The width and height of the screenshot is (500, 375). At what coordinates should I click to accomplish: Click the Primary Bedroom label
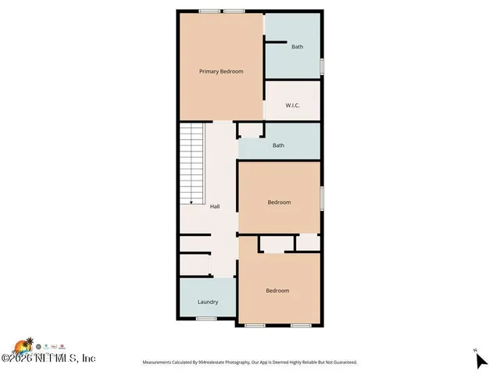pyautogui.click(x=221, y=72)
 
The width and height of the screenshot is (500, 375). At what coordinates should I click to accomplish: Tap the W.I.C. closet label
pyautogui.click(x=293, y=105)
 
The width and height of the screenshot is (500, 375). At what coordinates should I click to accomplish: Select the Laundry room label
pyautogui.click(x=207, y=302)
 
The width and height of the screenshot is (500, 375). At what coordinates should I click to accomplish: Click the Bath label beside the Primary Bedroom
pyautogui.click(x=297, y=47)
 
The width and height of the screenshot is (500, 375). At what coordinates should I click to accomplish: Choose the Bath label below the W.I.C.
pyautogui.click(x=278, y=145)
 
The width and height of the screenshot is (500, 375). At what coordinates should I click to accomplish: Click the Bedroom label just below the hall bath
pyautogui.click(x=279, y=202)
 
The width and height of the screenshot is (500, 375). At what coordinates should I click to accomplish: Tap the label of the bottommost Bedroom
pyautogui.click(x=277, y=291)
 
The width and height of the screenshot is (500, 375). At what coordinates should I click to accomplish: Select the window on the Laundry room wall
pyautogui.click(x=206, y=319)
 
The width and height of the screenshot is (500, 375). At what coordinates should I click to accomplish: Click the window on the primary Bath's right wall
pyautogui.click(x=322, y=66)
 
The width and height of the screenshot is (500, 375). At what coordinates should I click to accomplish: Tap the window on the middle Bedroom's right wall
pyautogui.click(x=322, y=198)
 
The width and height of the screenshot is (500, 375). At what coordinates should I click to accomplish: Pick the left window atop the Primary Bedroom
pyautogui.click(x=209, y=10)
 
